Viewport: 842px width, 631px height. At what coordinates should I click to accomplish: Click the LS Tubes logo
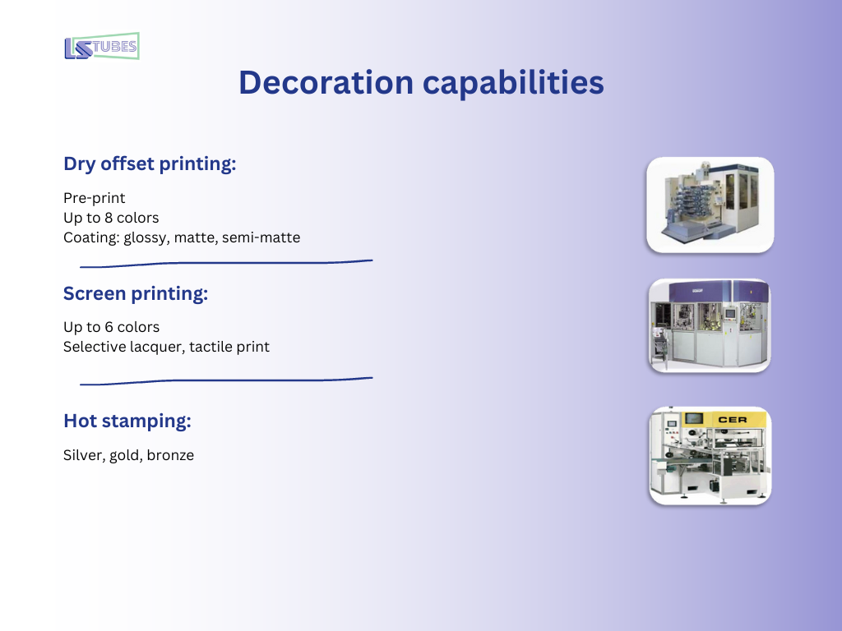102,46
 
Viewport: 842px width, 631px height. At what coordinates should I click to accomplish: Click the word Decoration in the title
326,83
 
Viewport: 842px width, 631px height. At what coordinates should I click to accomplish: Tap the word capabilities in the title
513,83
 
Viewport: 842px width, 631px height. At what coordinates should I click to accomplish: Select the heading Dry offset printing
150,164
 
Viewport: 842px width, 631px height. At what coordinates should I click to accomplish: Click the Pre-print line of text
94,198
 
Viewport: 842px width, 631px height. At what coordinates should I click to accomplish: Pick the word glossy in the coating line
145,237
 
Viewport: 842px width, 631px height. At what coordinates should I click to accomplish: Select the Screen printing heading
136,293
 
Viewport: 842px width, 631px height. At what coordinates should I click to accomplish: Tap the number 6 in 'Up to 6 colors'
109,327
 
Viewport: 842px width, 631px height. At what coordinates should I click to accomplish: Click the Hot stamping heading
127,421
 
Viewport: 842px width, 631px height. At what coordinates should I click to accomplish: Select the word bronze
170,455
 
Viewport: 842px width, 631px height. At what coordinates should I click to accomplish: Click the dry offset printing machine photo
710,205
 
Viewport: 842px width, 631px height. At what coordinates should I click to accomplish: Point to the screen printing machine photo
710,325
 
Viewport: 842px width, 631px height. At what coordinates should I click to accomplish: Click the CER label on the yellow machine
733,420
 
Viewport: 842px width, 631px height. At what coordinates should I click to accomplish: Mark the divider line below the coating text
226,263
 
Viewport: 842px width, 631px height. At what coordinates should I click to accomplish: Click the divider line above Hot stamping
226,380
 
